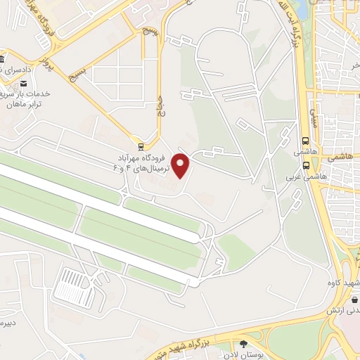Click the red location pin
[x=181, y=165]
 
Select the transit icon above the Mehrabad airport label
[x=141, y=147]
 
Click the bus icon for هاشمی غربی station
[x=306, y=166]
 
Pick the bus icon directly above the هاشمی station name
[x=306, y=140]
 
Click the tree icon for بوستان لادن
[x=243, y=345]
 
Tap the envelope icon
[x=25, y=84]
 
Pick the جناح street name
[x=160, y=105]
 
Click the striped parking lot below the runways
[x=75, y=288]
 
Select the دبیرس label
[x=7, y=323]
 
